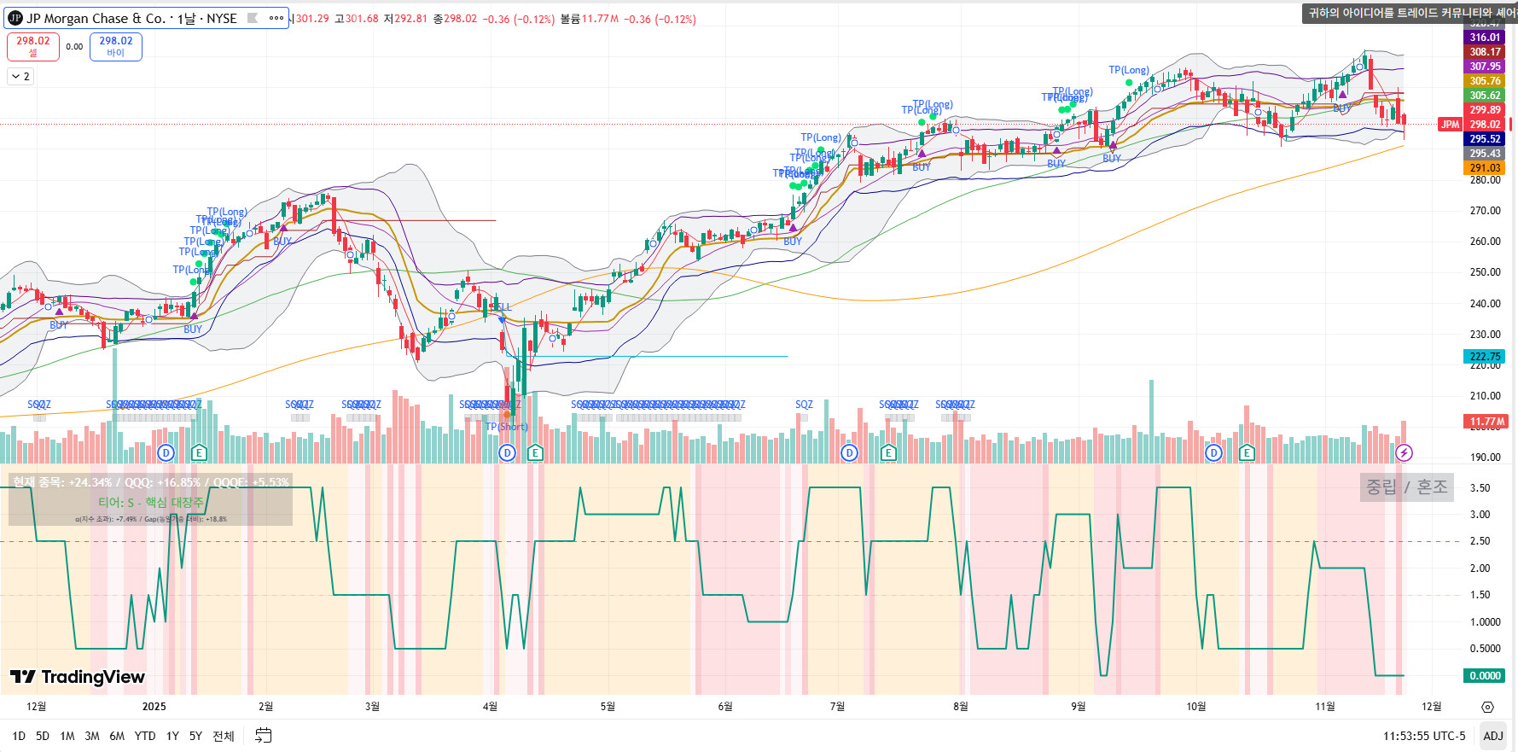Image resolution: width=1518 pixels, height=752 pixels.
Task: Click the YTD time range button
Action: pyautogui.click(x=145, y=736)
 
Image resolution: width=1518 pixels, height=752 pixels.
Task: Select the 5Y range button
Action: pyautogui.click(x=195, y=736)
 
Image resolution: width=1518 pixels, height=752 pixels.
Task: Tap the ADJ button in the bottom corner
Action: pyautogui.click(x=1492, y=736)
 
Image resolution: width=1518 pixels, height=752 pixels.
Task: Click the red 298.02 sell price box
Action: pyautogui.click(x=33, y=46)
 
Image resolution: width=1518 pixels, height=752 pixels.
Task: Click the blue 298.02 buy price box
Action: pyautogui.click(x=116, y=46)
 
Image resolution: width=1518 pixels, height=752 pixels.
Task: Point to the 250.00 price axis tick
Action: pyautogui.click(x=1485, y=272)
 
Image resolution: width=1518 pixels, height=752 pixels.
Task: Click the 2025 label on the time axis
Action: pyautogui.click(x=154, y=707)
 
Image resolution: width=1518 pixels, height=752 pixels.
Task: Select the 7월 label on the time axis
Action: pyautogui.click(x=837, y=707)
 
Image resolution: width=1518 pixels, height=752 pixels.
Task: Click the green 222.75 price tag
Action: pyautogui.click(x=1485, y=357)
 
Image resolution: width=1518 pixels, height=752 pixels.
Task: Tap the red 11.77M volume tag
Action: pyautogui.click(x=1485, y=422)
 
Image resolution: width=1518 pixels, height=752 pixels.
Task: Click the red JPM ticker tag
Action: pyautogui.click(x=1450, y=125)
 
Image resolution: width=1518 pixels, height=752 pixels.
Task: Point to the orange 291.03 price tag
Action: pyautogui.click(x=1485, y=168)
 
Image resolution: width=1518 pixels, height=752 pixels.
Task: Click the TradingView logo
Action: pyautogui.click(x=78, y=677)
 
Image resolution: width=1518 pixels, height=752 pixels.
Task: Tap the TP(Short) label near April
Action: pyautogui.click(x=507, y=427)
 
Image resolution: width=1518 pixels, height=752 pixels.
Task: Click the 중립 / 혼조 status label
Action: pyautogui.click(x=1406, y=487)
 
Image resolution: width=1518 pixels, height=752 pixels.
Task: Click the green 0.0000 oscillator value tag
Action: pyautogui.click(x=1485, y=676)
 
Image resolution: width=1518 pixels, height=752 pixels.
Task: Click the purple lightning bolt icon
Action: pyautogui.click(x=1404, y=452)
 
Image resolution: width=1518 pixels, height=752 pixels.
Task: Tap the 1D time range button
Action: pyautogui.click(x=19, y=736)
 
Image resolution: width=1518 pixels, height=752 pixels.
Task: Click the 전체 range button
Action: pyautogui.click(x=224, y=736)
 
